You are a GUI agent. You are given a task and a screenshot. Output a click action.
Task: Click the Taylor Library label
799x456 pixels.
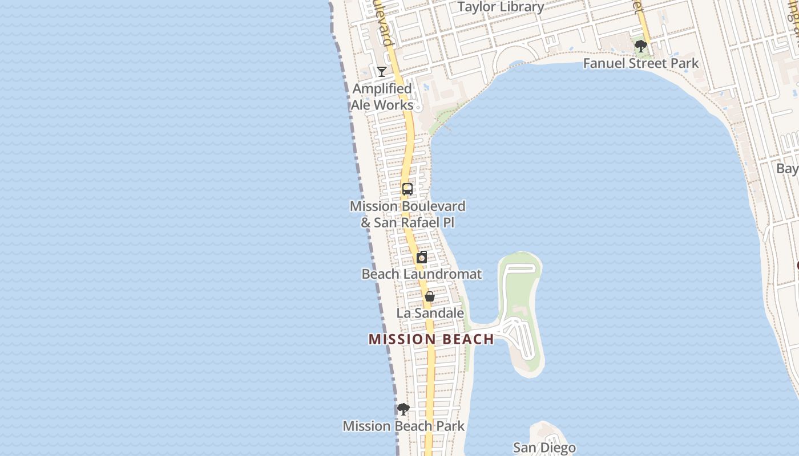[501, 7]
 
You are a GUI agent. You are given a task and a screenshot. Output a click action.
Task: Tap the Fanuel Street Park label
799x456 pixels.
[640, 63]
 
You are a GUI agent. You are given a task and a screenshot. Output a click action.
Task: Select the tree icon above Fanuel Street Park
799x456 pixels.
[640, 46]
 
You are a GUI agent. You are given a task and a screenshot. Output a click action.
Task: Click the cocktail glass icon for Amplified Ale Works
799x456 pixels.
[382, 71]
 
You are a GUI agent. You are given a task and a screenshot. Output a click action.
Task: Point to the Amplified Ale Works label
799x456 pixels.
[382, 97]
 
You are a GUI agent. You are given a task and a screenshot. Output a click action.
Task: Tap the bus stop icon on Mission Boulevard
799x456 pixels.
[407, 189]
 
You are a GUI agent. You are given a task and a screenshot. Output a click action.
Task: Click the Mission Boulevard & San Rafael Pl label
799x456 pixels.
[407, 214]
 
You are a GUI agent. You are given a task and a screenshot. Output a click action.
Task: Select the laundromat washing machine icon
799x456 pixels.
[422, 257]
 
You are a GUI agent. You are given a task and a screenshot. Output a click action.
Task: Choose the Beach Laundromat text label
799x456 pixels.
[422, 274]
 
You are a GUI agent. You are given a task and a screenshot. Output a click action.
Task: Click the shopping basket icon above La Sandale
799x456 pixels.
[430, 296]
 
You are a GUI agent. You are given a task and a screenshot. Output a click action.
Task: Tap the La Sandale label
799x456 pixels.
[430, 313]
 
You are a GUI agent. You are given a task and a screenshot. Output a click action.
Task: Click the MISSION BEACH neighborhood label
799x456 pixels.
[431, 339]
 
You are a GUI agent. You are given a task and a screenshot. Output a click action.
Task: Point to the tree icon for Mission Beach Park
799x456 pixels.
[403, 409]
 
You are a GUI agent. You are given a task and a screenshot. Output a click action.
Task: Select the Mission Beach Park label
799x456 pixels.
[403, 426]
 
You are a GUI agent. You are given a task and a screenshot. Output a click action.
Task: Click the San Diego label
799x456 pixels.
[544, 447]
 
